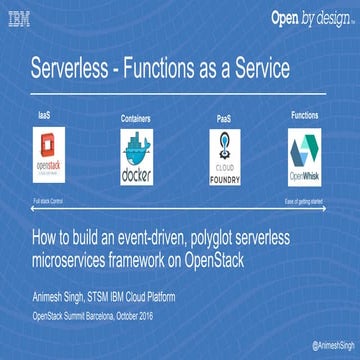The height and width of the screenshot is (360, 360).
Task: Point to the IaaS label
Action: coord(45,114)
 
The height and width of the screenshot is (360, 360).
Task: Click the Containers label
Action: coord(135,118)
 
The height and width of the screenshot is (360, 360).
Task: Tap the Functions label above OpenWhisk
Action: coord(304,115)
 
